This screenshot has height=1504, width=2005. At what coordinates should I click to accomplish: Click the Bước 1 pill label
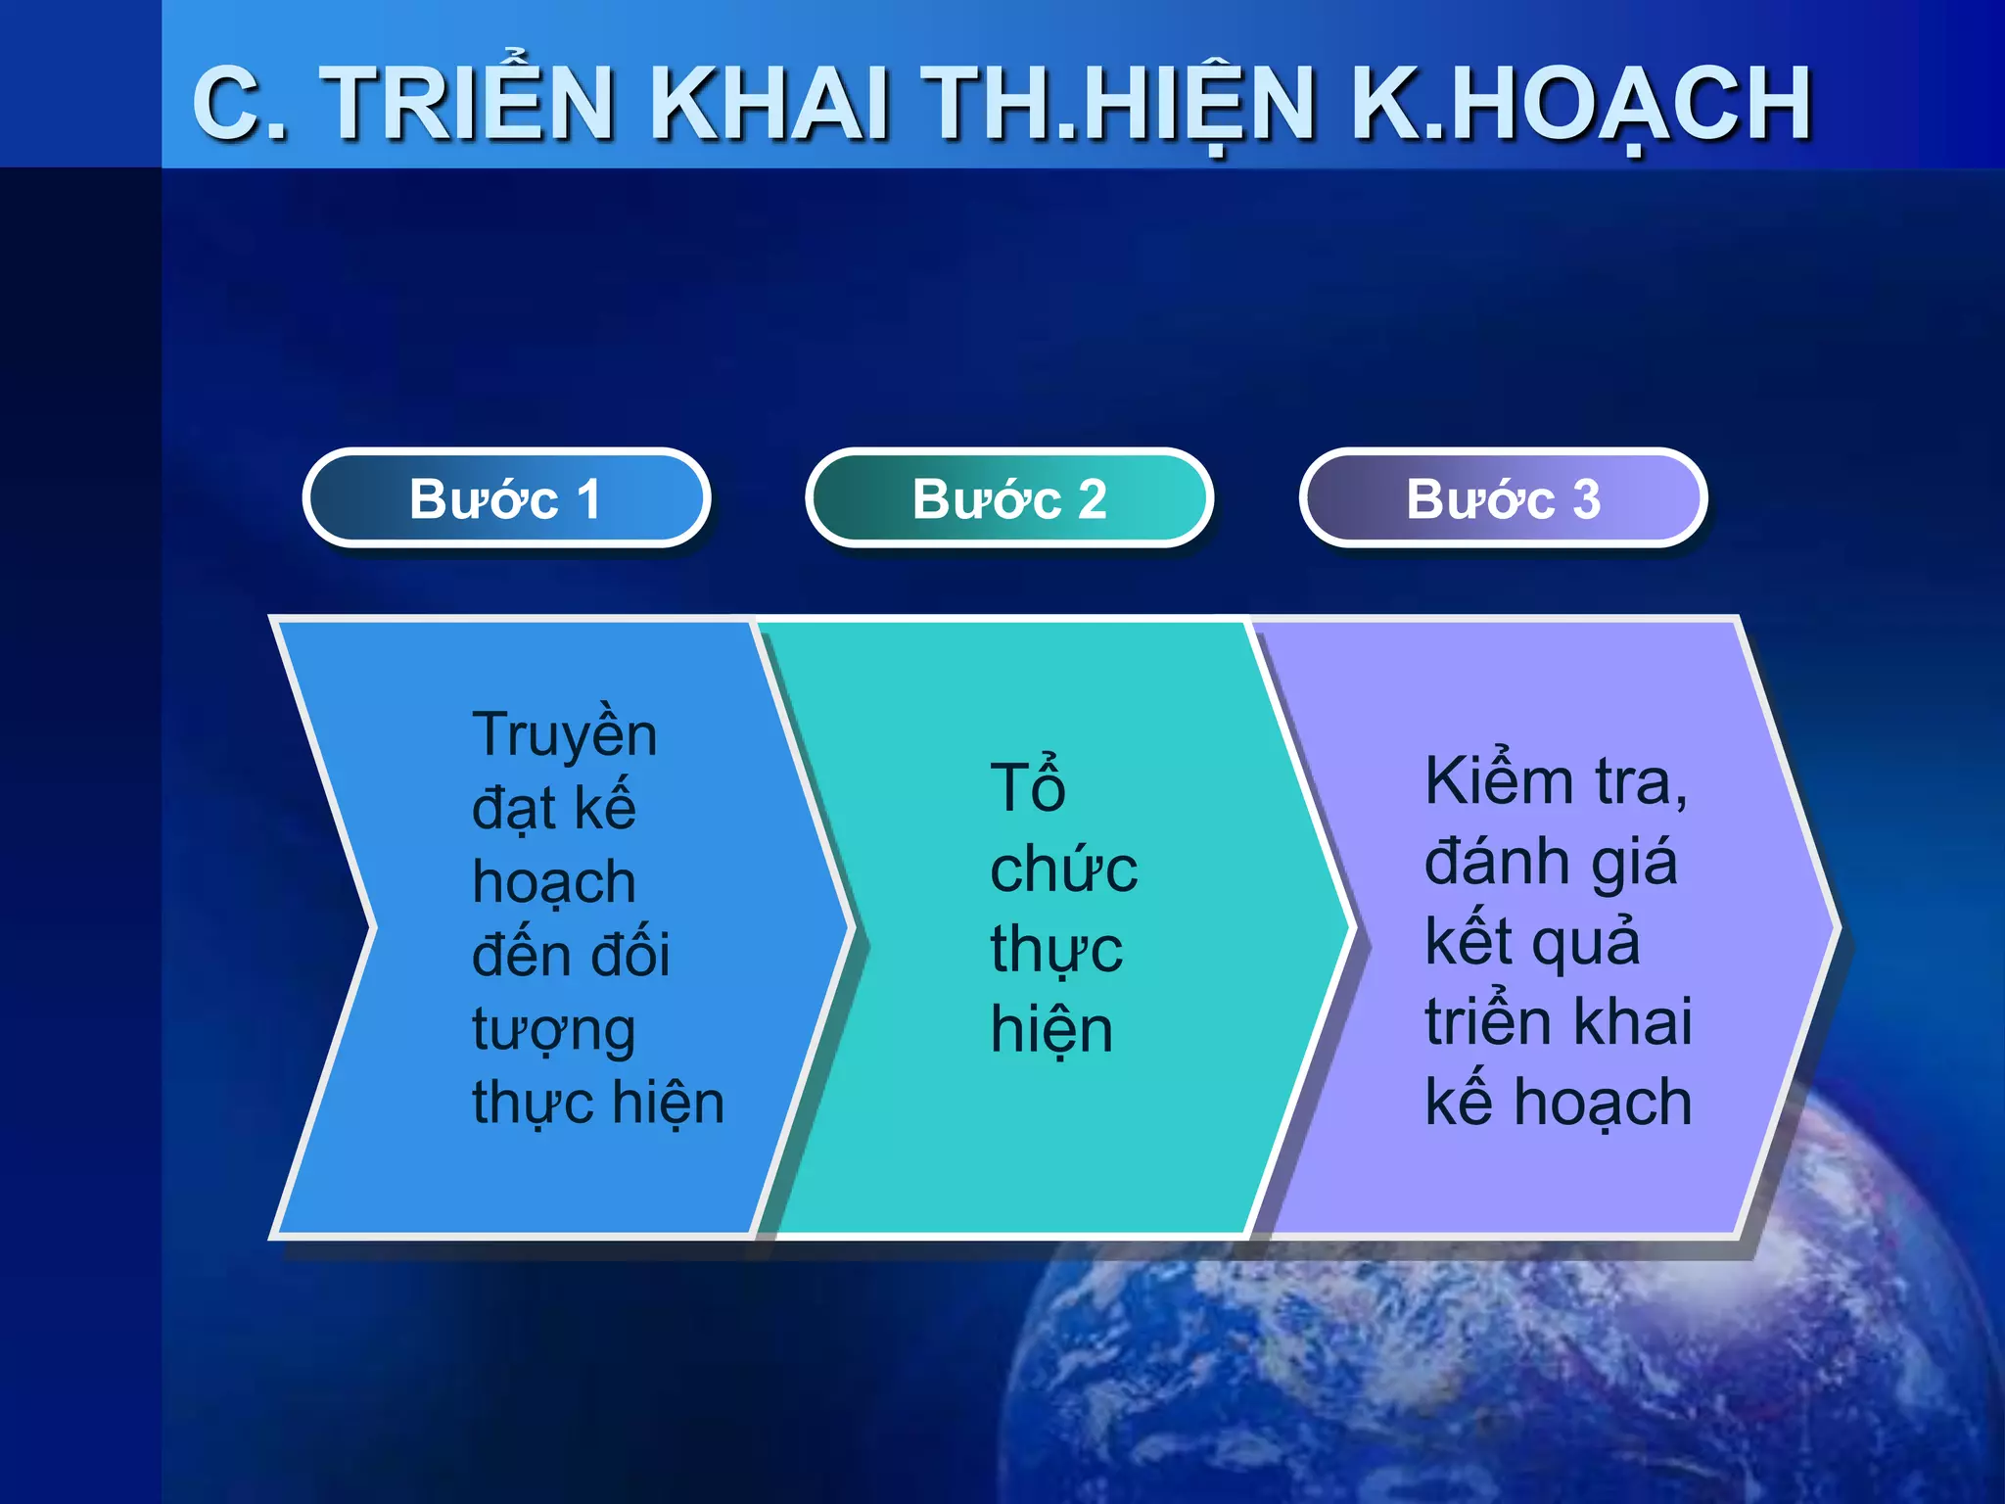(x=505, y=498)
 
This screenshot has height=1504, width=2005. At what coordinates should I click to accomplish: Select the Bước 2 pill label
(x=1009, y=498)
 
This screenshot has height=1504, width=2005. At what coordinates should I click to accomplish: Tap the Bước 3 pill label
(x=1503, y=498)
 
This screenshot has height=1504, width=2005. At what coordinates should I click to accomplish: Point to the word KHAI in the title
(x=769, y=103)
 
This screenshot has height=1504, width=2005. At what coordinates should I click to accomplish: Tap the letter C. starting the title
(x=239, y=103)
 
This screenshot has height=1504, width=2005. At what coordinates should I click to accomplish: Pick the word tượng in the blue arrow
(x=554, y=1031)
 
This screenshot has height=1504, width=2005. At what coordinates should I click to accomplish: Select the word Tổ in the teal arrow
(x=1027, y=787)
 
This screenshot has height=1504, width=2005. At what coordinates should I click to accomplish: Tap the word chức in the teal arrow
(x=1063, y=869)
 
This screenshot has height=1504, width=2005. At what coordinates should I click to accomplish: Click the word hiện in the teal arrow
(x=1051, y=1030)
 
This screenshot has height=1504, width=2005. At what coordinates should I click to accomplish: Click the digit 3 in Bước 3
(x=1586, y=499)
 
